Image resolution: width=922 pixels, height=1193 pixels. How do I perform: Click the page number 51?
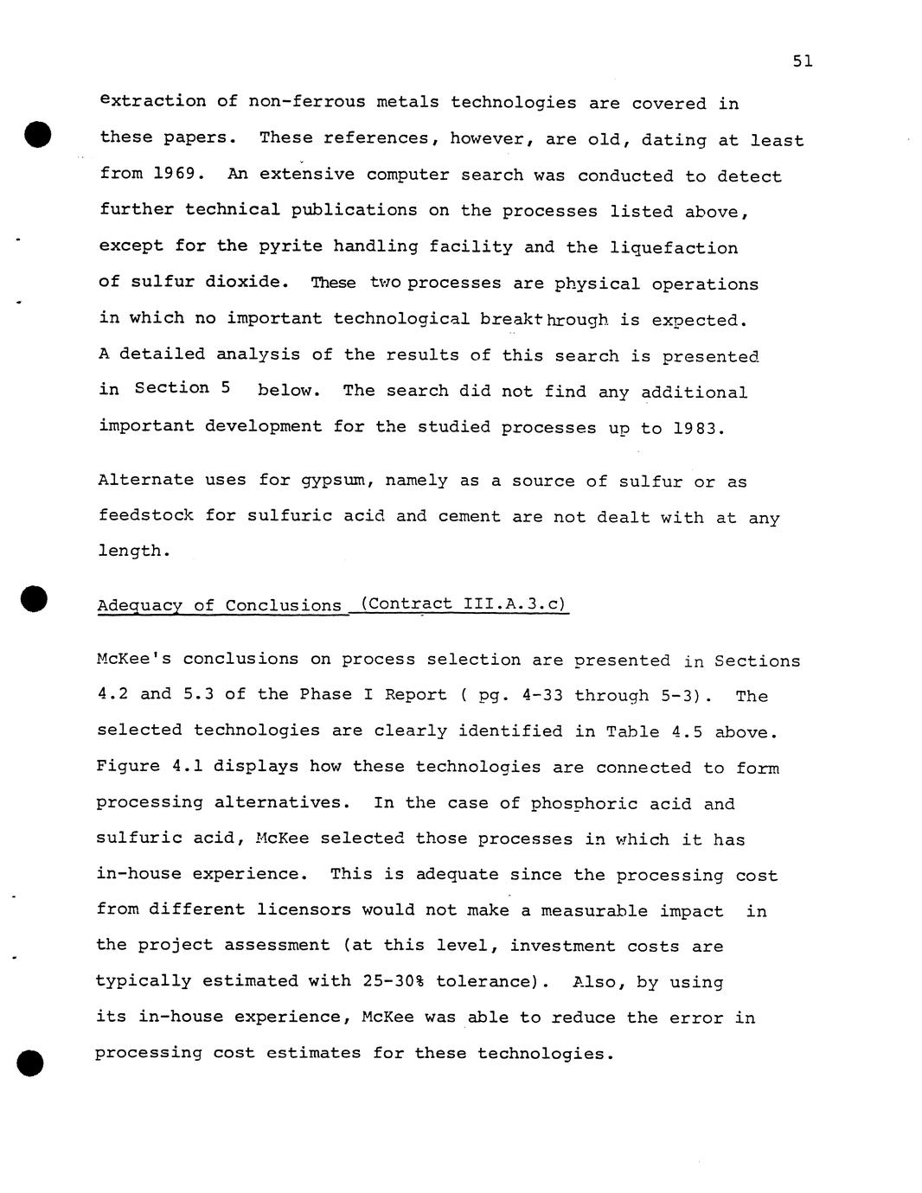click(x=802, y=61)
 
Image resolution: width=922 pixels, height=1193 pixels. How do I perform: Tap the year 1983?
click(x=697, y=428)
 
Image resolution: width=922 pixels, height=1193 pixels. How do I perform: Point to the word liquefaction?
click(x=674, y=248)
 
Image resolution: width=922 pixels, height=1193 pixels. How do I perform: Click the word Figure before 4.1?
click(x=128, y=767)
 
